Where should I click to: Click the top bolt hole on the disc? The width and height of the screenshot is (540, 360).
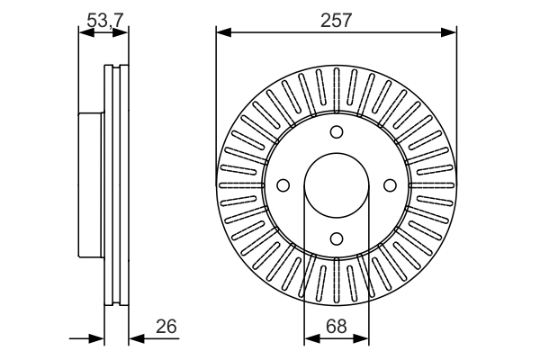tap(337, 132)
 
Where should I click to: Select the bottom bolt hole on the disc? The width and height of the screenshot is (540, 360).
tap(337, 238)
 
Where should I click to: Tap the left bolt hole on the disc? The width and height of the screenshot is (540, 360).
tap(283, 185)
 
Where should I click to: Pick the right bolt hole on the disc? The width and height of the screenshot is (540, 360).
tap(390, 185)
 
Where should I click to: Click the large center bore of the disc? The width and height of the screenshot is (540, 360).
tap(337, 185)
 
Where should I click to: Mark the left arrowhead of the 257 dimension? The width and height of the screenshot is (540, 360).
tap(222, 33)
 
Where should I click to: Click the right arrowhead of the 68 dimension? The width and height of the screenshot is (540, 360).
tap(363, 338)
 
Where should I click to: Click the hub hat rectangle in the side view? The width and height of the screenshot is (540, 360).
tap(91, 184)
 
